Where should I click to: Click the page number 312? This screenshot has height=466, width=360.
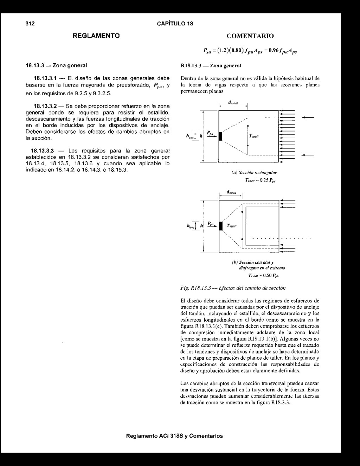coord(30,24)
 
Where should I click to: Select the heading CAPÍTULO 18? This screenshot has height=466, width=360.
coord(175,24)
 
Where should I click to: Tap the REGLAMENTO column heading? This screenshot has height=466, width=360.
coord(96,36)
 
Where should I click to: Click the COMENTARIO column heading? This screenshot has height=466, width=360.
coord(250,36)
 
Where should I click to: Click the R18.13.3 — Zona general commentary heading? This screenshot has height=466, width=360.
coord(211,65)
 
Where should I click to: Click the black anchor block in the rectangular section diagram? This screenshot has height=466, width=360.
coord(220,136)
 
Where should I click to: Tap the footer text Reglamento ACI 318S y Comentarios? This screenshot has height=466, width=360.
coord(174,436)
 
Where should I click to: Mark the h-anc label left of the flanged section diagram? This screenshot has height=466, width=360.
coord(191,226)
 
